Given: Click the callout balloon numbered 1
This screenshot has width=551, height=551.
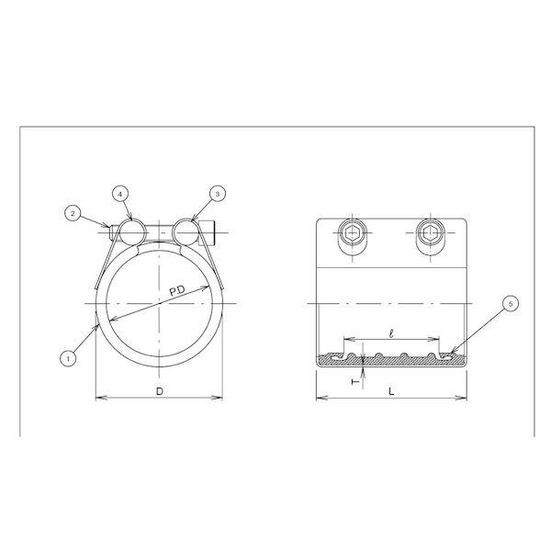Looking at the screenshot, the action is pyautogui.click(x=68, y=358).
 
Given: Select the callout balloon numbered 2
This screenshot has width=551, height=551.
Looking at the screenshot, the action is pyautogui.click(x=73, y=213).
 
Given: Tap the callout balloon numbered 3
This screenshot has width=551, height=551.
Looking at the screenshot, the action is pyautogui.click(x=217, y=194).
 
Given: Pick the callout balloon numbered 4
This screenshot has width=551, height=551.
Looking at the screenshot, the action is pyautogui.click(x=120, y=194).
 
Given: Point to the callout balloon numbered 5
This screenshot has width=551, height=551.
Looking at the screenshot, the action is pyautogui.click(x=511, y=303).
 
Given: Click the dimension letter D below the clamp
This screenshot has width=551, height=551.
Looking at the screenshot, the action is pyautogui.click(x=160, y=391).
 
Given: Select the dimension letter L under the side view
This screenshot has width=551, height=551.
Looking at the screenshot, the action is pyautogui.click(x=391, y=391).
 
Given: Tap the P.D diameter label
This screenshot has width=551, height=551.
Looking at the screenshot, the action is pyautogui.click(x=177, y=291).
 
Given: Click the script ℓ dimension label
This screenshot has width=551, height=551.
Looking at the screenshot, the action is pyautogui.click(x=391, y=332).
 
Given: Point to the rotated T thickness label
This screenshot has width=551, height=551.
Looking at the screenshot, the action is pyautogui.click(x=355, y=381).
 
